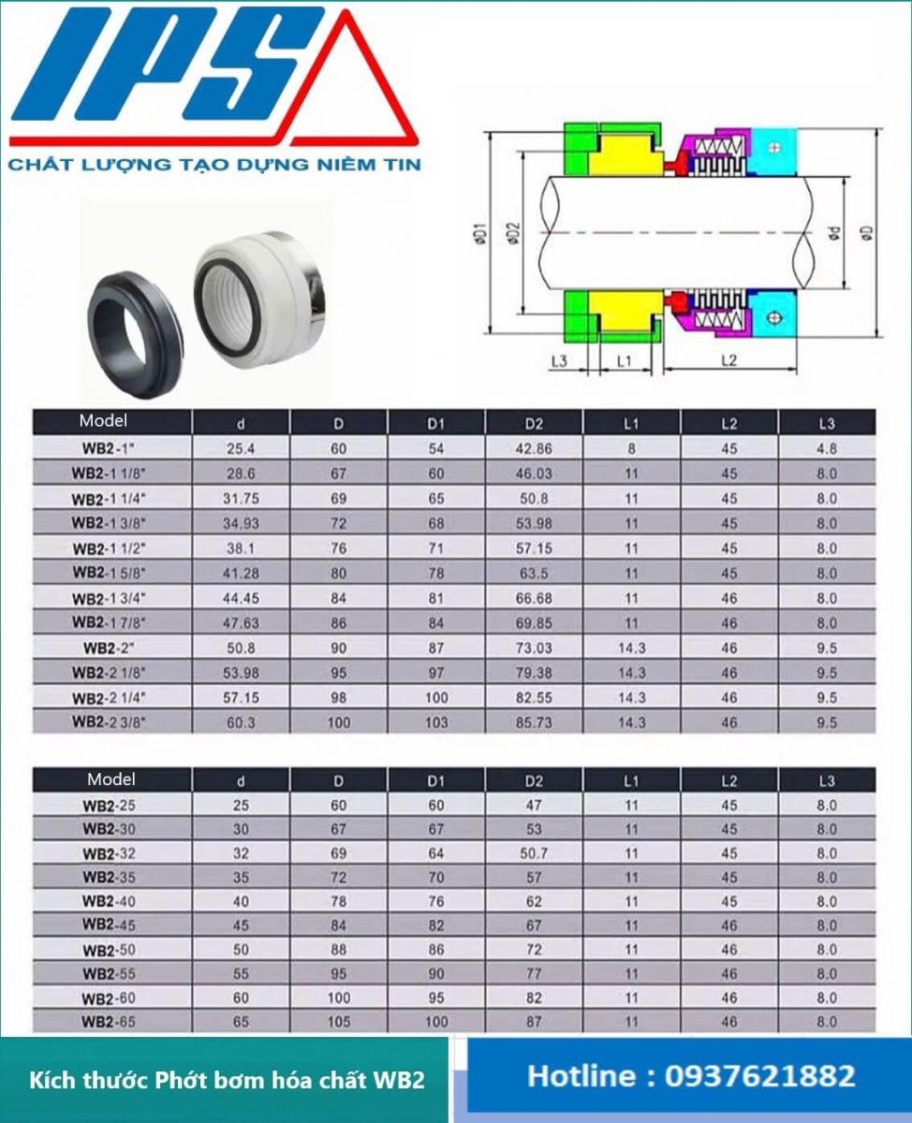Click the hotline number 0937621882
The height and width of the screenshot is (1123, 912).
tap(759, 1075)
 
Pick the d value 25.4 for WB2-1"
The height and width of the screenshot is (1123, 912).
tap(242, 448)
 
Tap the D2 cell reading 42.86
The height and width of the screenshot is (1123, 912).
tap(534, 448)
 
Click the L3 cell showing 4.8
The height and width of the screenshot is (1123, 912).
tap(826, 448)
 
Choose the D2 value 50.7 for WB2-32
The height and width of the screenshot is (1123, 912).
tap(534, 853)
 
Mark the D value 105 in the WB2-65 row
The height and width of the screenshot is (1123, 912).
tap(339, 1022)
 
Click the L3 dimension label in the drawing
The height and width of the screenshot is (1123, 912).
tap(559, 360)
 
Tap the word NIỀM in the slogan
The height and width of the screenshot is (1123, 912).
tap(334, 165)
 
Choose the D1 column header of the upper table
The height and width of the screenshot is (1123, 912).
tap(435, 423)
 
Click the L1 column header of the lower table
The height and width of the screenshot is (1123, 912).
tap(631, 780)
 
